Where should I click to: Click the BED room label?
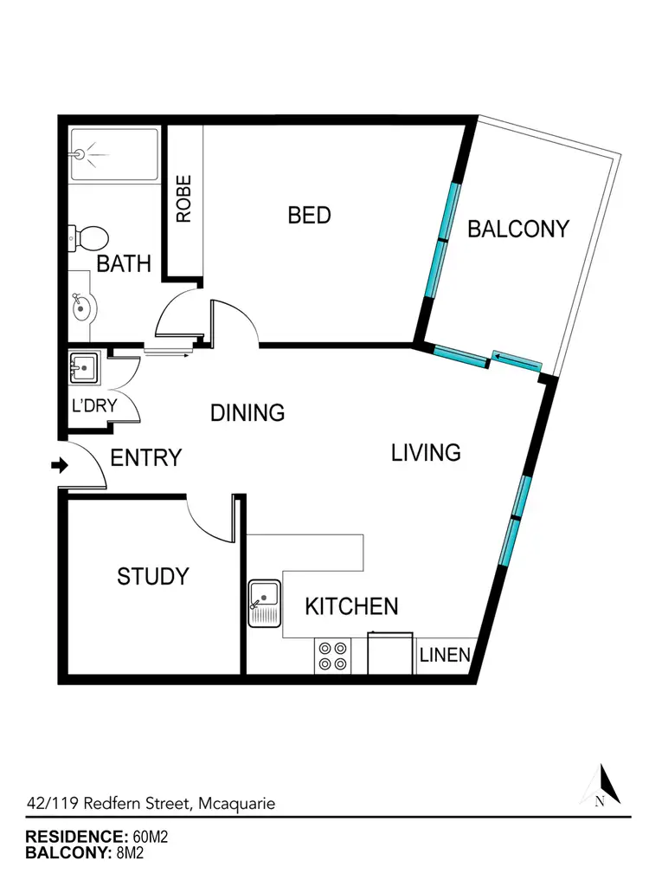(309, 215)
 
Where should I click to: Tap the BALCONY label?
(518, 229)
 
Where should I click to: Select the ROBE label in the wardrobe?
(183, 200)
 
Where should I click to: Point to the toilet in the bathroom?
(90, 236)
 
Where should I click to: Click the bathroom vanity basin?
(81, 305)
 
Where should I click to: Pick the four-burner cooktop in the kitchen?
(333, 656)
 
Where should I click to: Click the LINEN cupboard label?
(445, 655)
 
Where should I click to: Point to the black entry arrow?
(60, 466)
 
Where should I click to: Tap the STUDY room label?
(153, 576)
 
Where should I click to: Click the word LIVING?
(425, 452)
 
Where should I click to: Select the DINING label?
(247, 412)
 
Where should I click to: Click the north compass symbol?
(605, 786)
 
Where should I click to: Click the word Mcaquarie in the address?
(237, 803)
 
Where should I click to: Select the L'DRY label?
(94, 405)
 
